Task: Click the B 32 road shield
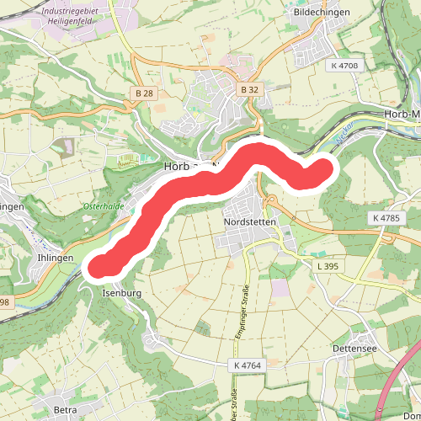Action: point(248,88)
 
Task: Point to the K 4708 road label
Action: point(344,66)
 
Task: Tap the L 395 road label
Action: point(328,266)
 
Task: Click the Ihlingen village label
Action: point(55,258)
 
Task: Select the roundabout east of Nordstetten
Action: point(273,200)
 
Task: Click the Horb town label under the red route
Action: point(179,167)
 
